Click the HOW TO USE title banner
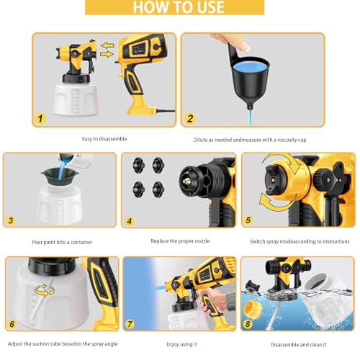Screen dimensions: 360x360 [175, 7]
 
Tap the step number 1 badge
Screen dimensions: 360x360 [40, 119]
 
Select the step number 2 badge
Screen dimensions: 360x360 [190, 119]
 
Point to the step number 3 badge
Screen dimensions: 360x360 [11, 220]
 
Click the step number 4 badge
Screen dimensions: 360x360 [130, 221]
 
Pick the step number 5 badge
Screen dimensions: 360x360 [248, 220]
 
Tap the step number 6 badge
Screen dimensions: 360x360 [12, 324]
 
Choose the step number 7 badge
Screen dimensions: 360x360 [130, 324]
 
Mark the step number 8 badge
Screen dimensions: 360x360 [248, 324]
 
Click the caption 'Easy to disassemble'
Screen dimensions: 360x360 [104, 139]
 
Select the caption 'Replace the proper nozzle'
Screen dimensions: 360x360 [180, 241]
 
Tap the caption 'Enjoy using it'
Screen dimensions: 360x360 [181, 344]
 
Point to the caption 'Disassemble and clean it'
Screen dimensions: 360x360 [298, 345]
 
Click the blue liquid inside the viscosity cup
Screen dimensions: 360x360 [251, 66]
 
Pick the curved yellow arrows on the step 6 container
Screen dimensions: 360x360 [45, 289]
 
